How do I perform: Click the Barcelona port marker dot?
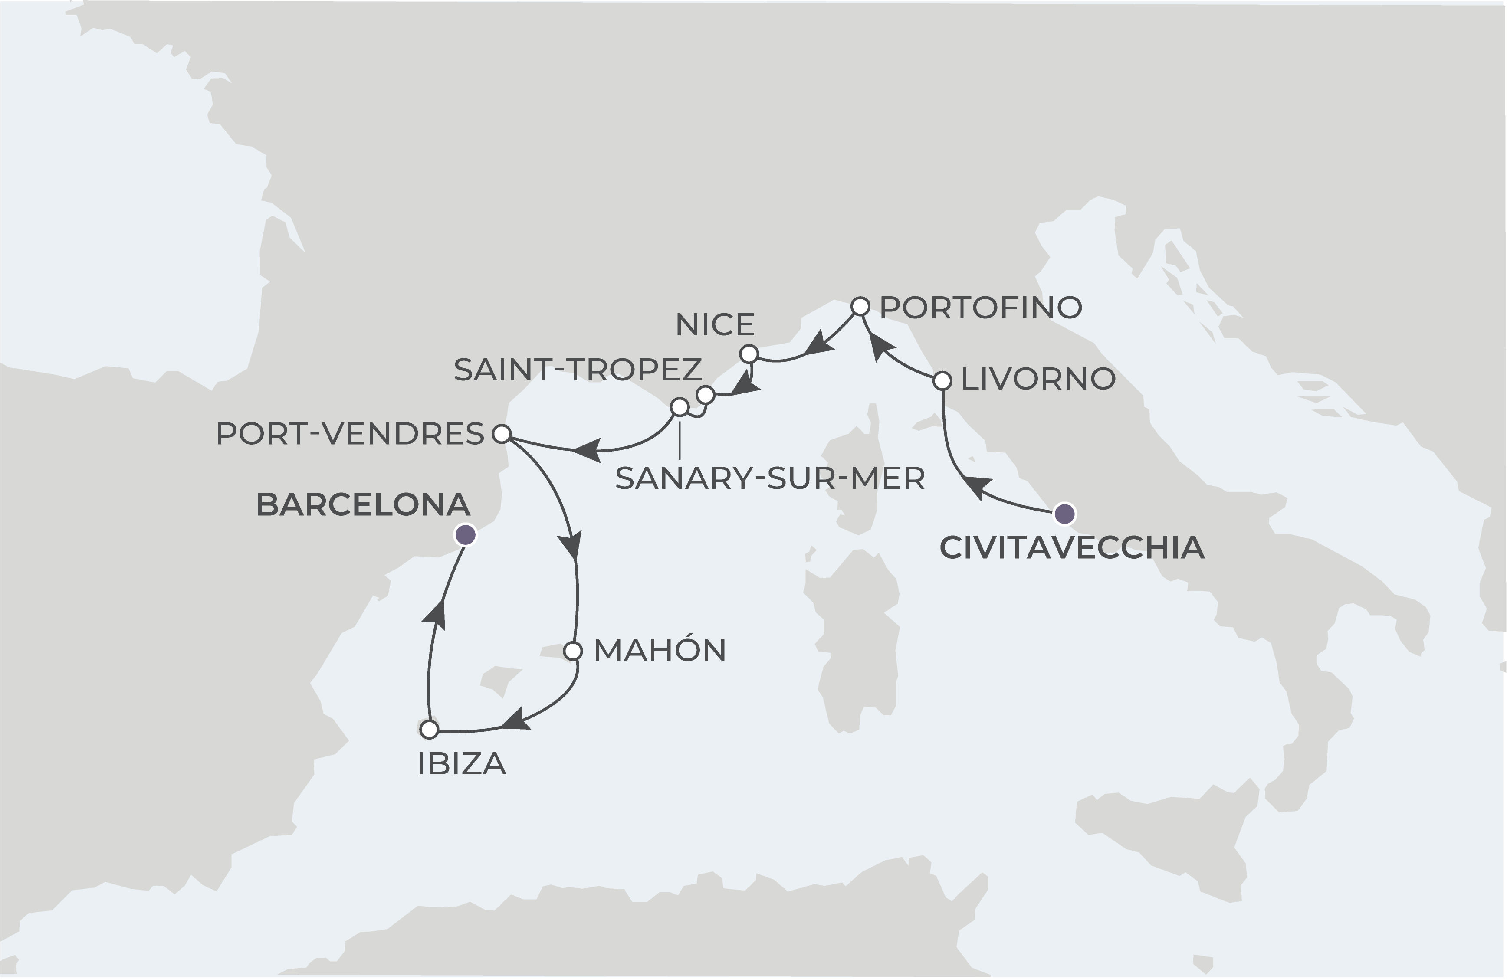tap(466, 535)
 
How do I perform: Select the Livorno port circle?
tap(943, 380)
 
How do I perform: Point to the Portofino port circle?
tap(859, 306)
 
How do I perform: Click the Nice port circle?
tap(749, 353)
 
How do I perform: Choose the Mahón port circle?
tap(572, 651)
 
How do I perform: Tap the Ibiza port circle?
tap(429, 729)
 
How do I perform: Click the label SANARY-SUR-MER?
tap(769, 478)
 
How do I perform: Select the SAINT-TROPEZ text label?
tap(578, 370)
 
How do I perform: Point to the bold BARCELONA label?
tap(363, 505)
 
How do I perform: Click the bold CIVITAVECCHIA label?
tap(1071, 548)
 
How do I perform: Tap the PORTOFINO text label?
tap(981, 308)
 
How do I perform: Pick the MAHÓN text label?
tap(660, 651)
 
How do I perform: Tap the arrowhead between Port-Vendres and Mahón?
tap(570, 546)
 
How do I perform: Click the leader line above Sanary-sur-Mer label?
tap(680, 438)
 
